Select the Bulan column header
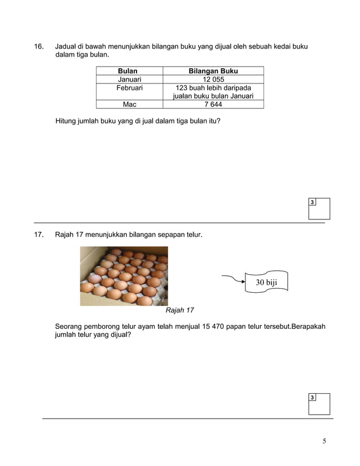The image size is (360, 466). click(x=129, y=71)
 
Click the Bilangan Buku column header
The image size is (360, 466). click(x=213, y=71)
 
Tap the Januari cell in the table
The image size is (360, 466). click(x=129, y=80)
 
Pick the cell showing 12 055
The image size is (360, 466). click(x=213, y=80)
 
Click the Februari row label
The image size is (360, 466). click(x=129, y=88)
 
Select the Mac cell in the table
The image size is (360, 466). click(x=129, y=104)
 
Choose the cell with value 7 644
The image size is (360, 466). click(x=213, y=104)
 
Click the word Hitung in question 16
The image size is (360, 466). click(x=67, y=121)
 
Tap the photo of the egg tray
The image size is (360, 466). click(x=124, y=276)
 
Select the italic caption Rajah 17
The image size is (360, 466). click(x=179, y=310)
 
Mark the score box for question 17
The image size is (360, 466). click(x=319, y=404)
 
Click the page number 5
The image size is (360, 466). click(x=324, y=441)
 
